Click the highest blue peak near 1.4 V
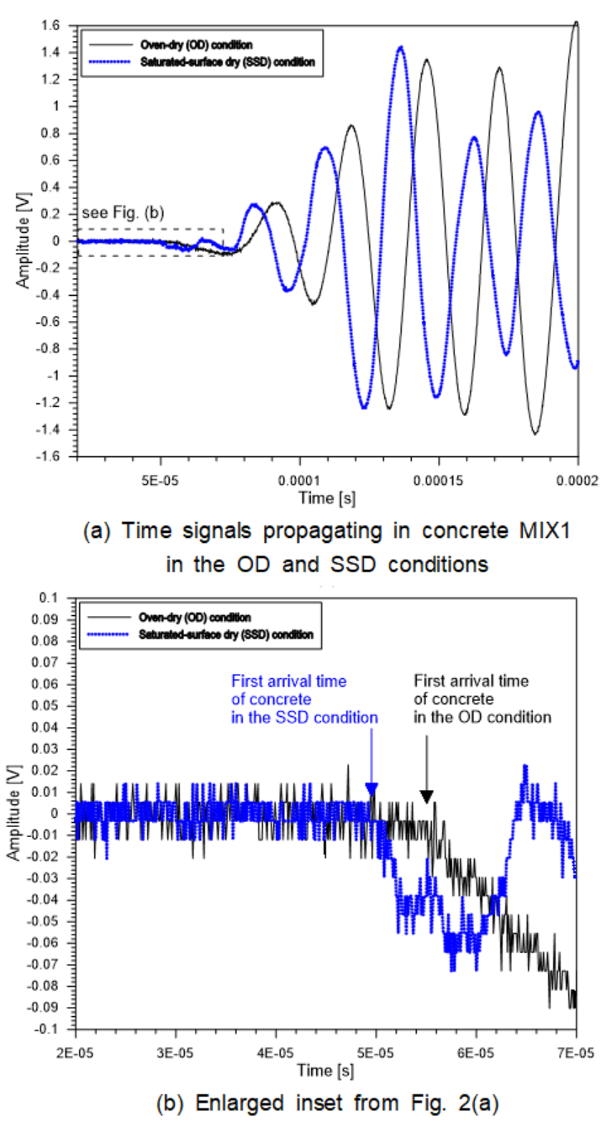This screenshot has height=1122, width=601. click(400, 48)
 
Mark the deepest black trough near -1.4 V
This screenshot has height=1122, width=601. click(534, 434)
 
